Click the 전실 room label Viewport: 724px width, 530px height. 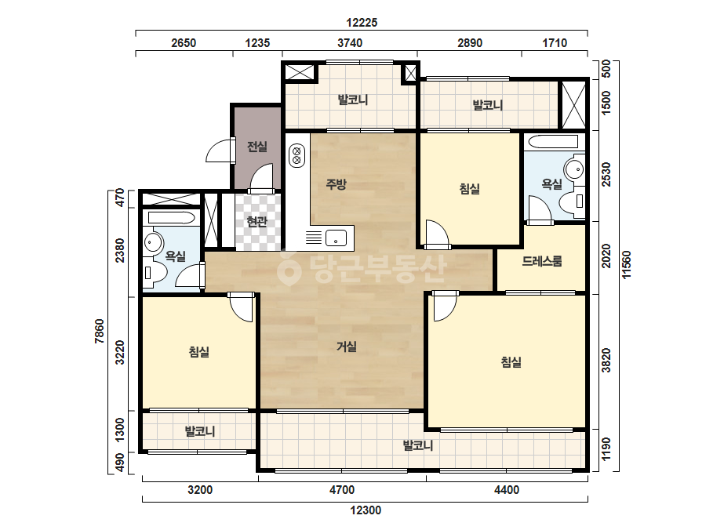pos(257,147)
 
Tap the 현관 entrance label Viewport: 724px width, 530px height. pos(257,222)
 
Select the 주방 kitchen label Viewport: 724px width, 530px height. pos(337,184)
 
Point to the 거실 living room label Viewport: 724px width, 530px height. pos(346,347)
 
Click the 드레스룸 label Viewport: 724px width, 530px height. pos(542,261)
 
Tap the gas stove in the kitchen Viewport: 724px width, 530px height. pos(297,155)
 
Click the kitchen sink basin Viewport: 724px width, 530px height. pos(336,238)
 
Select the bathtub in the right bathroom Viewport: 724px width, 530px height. pos(553,142)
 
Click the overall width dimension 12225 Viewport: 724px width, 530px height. pos(362,22)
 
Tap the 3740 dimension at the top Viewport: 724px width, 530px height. pos(350,43)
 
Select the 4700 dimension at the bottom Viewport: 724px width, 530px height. pos(342,490)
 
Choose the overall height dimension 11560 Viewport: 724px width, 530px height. pos(626,265)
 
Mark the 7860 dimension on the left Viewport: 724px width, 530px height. pos(100,331)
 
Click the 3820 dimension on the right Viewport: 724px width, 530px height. pos(606,361)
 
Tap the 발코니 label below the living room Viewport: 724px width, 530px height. pos(418,445)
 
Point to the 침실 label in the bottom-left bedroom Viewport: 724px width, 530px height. pos(199,352)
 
